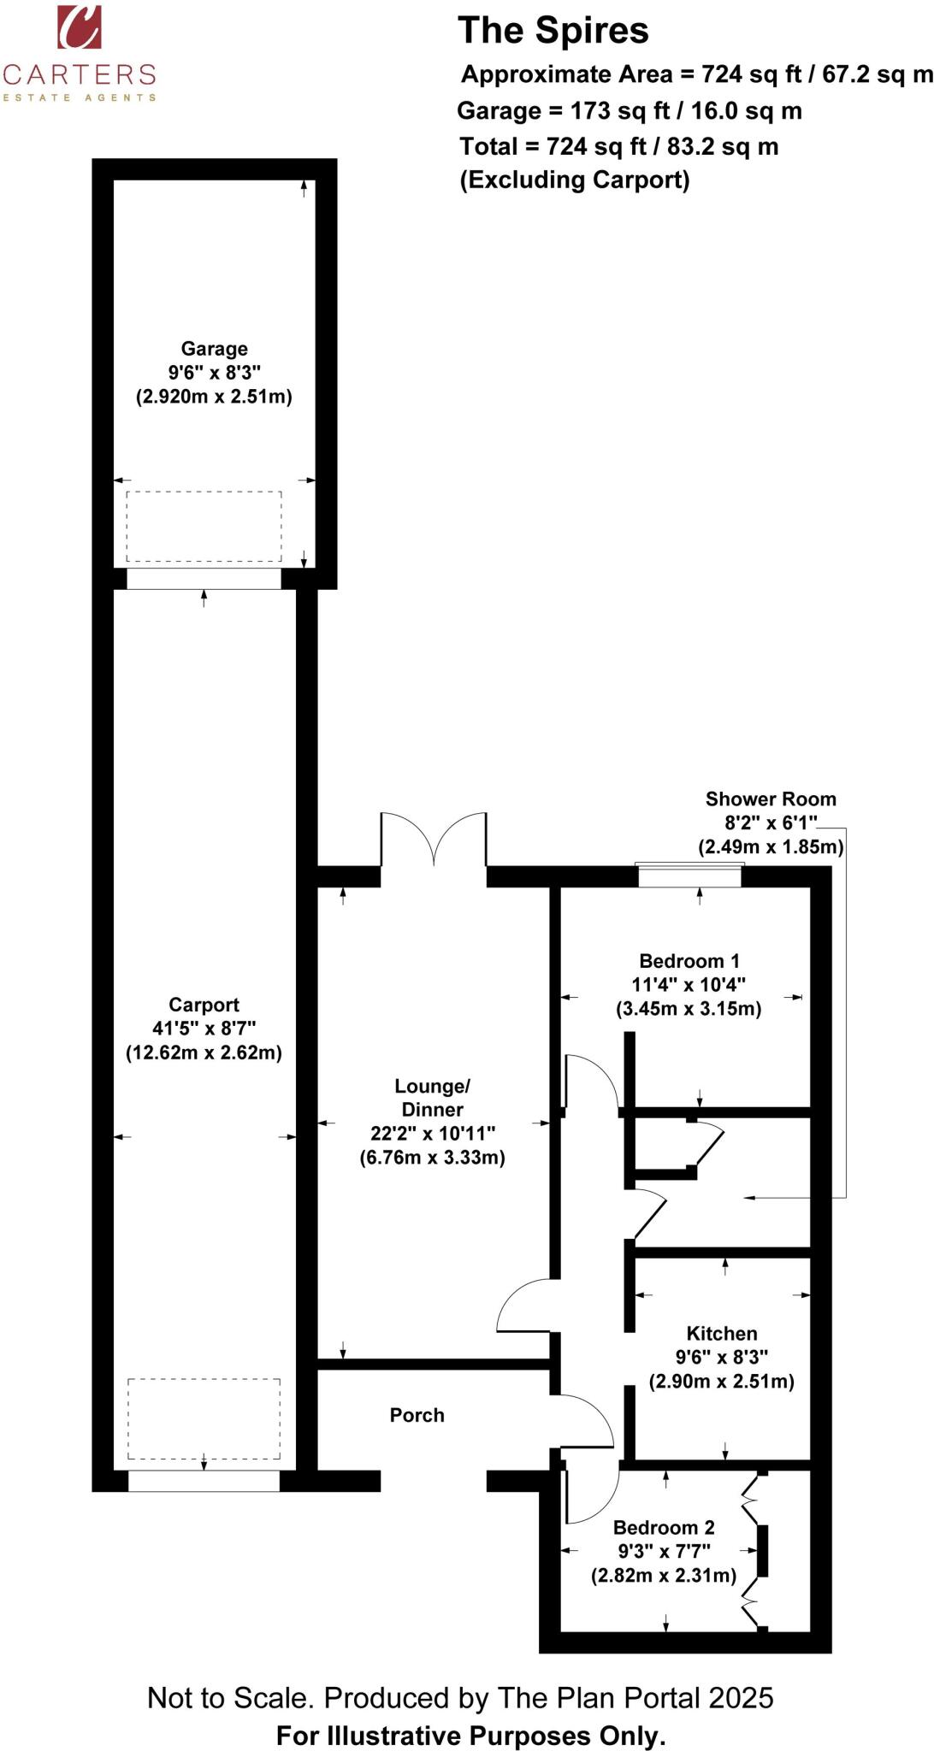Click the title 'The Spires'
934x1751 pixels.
pyautogui.click(x=553, y=31)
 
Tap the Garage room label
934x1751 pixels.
pyautogui.click(x=214, y=349)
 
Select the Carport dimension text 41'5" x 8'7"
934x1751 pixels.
pyautogui.click(x=204, y=1029)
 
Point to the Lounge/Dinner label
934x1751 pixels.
pyautogui.click(x=432, y=1098)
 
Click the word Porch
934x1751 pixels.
pyautogui.click(x=417, y=1415)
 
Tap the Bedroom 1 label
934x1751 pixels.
pyautogui.click(x=689, y=961)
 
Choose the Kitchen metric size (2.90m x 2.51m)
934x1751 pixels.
pyautogui.click(x=722, y=1381)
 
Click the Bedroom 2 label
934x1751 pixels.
pyautogui.click(x=664, y=1527)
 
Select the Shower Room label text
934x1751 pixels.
pyautogui.click(x=771, y=799)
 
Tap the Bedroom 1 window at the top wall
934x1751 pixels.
pyautogui.click(x=689, y=875)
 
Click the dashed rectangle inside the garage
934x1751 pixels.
pyautogui.click(x=204, y=526)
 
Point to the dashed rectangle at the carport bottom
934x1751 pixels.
pyautogui.click(x=204, y=1418)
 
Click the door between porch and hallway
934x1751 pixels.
pyautogui.click(x=586, y=1420)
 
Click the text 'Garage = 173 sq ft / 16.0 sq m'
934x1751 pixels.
pyautogui.click(x=629, y=111)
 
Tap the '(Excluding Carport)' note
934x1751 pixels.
pyautogui.click(x=574, y=180)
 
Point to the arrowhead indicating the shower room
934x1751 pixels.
pyautogui.click(x=750, y=1198)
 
